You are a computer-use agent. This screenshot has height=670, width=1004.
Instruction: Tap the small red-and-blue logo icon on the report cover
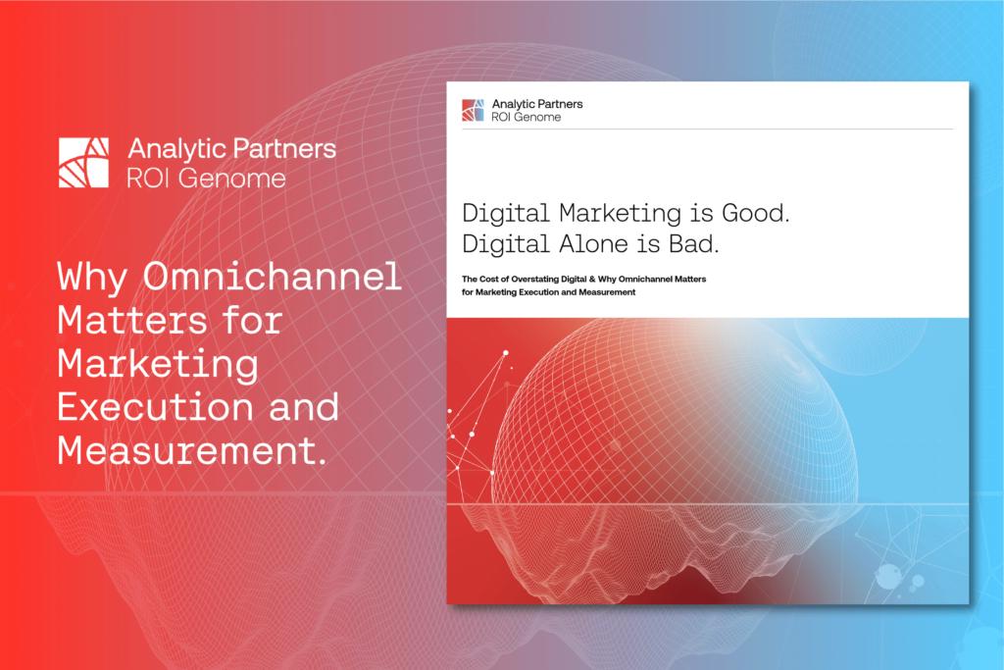coord(474,110)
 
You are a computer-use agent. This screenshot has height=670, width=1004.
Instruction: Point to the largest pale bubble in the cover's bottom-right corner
coord(888,579)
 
